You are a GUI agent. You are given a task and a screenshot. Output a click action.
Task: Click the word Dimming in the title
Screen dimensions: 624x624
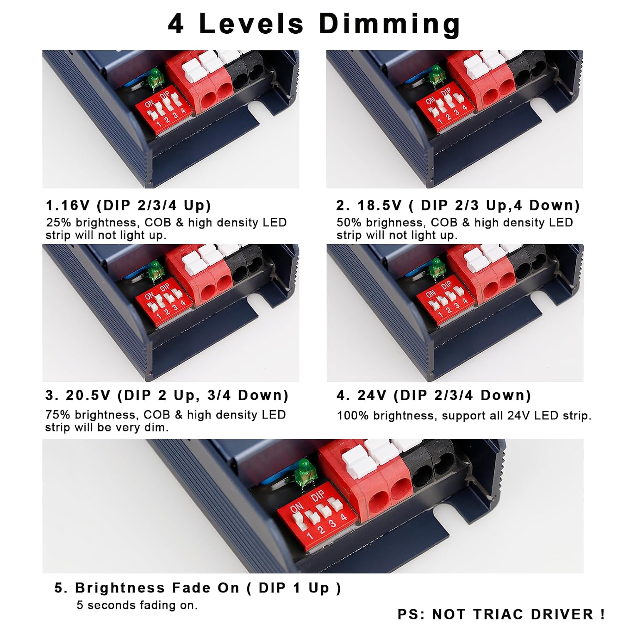coord(389,25)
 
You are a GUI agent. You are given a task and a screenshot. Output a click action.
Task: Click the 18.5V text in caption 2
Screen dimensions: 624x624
coord(379,205)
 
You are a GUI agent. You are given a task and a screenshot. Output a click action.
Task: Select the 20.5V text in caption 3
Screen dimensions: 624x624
coord(88,395)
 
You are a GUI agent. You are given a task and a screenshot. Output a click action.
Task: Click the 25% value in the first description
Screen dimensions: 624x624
coord(59,223)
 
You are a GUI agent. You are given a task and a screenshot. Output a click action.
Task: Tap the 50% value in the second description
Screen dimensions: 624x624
coord(349,223)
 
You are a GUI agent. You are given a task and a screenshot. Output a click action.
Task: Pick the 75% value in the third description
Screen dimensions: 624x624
coord(58,415)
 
